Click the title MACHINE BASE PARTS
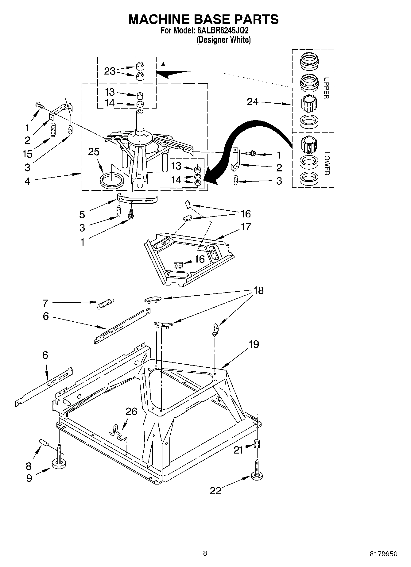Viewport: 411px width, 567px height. tap(203, 19)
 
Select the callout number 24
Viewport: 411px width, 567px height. tap(253, 102)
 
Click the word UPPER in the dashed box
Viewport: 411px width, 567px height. tap(326, 88)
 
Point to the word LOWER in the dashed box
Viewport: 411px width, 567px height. tap(326, 163)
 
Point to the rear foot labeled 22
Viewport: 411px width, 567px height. tap(257, 476)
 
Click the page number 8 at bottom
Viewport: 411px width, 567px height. tap(205, 553)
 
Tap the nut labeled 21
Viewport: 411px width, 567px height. tap(257, 444)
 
